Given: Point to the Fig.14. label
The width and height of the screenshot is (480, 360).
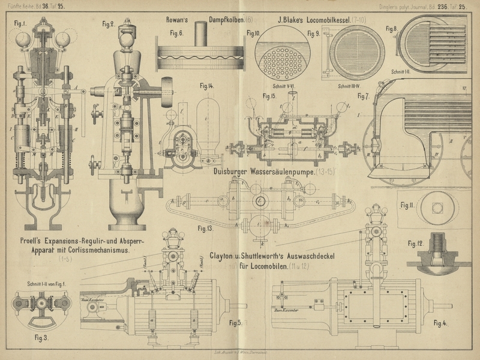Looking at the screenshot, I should [207, 86].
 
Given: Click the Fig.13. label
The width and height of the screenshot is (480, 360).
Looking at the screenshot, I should [205, 228].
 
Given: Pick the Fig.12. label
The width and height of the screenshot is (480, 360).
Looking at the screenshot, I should [416, 243].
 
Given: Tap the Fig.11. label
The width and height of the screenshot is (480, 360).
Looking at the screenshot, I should [407, 205].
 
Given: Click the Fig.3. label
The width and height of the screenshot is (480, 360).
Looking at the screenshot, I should [41, 338].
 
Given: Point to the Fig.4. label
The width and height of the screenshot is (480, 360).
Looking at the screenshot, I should [440, 323].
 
